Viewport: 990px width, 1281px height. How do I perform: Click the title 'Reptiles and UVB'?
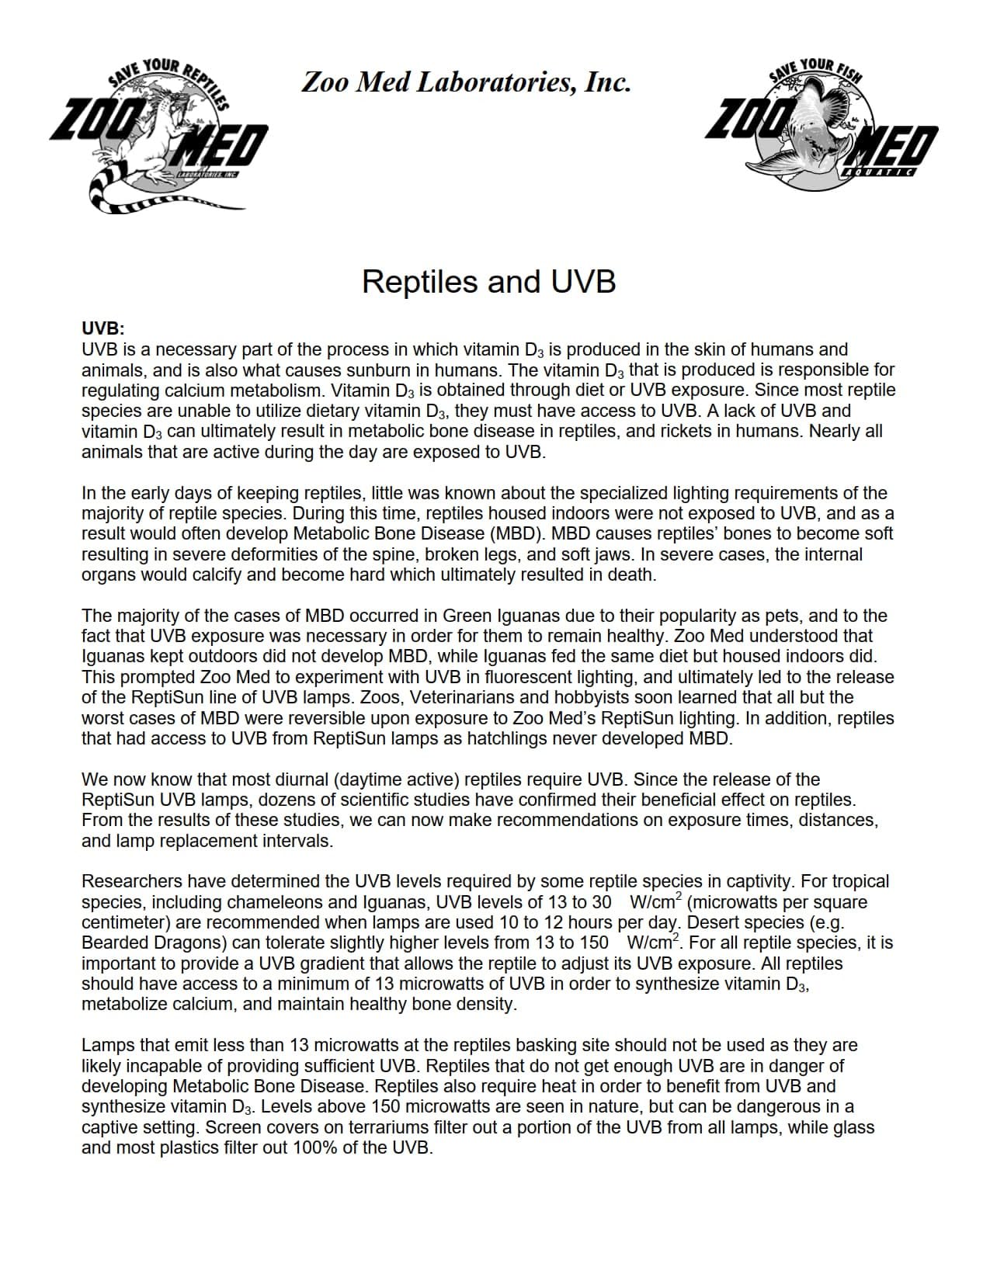pyautogui.click(x=488, y=281)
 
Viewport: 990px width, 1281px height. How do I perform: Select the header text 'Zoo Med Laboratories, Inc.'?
pyautogui.click(x=465, y=82)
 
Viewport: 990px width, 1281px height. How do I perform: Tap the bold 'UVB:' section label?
pyautogui.click(x=103, y=328)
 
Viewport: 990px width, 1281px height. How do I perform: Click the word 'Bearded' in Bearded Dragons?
pyautogui.click(x=113, y=943)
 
